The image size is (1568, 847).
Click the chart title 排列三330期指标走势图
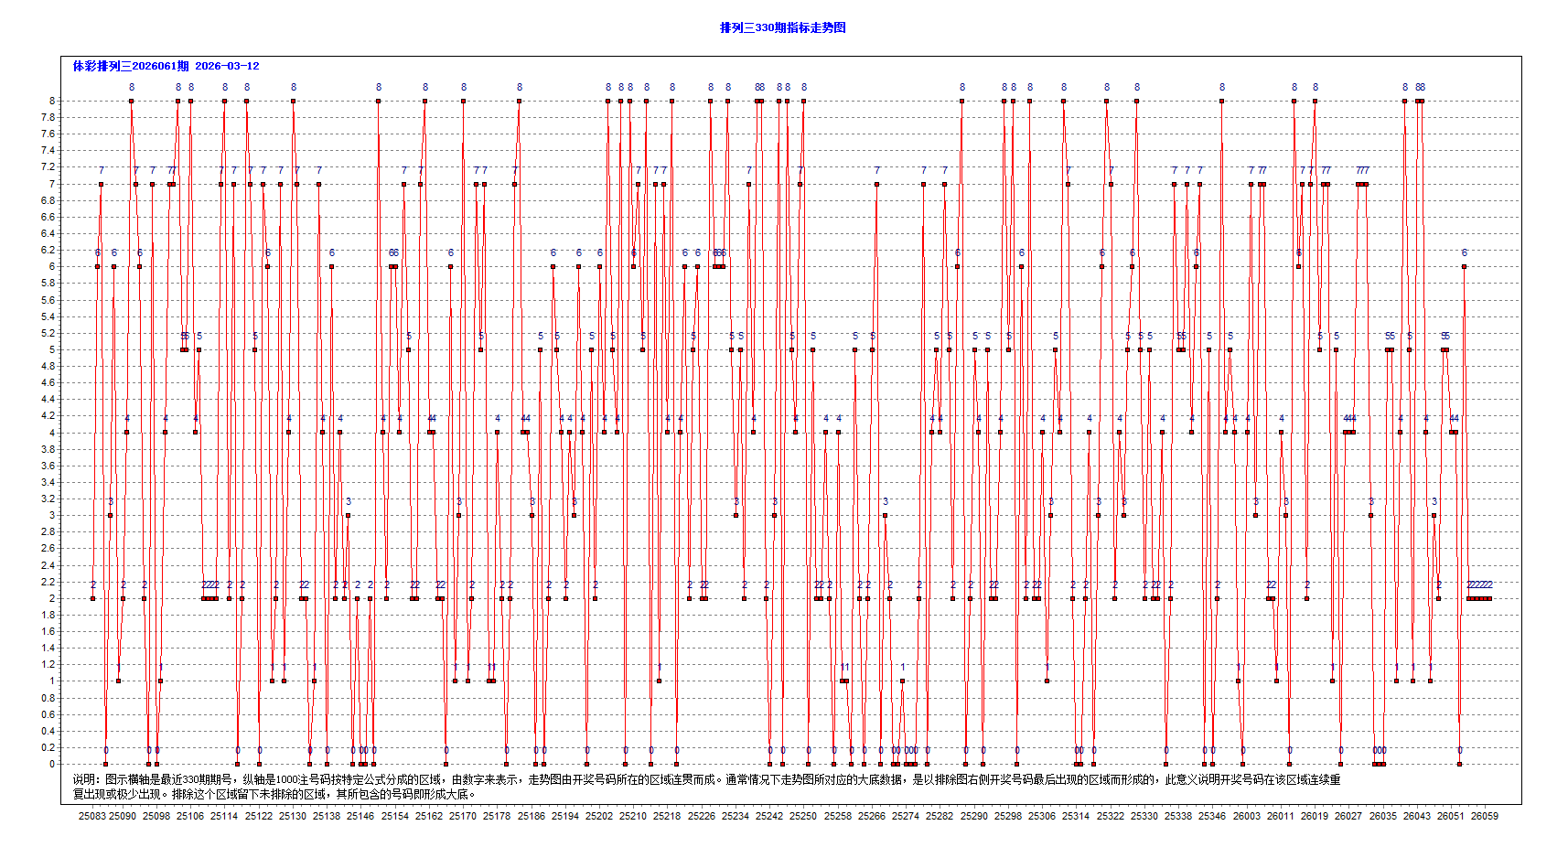click(x=782, y=27)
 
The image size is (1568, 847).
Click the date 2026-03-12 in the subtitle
click(x=227, y=66)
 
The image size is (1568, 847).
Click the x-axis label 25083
click(x=91, y=816)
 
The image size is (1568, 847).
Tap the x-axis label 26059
click(x=1484, y=816)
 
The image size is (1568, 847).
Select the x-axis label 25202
click(x=599, y=816)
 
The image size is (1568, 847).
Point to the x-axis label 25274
click(x=906, y=816)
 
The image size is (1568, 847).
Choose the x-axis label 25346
click(x=1212, y=816)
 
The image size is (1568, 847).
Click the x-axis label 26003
click(x=1246, y=816)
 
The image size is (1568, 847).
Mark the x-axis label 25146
click(x=360, y=816)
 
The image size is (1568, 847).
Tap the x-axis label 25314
click(x=1076, y=816)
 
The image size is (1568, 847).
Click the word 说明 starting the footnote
click(x=84, y=779)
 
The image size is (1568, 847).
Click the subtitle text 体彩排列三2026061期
click(x=131, y=66)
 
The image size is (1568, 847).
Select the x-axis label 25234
click(x=736, y=816)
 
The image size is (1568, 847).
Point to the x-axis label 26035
click(x=1382, y=816)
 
